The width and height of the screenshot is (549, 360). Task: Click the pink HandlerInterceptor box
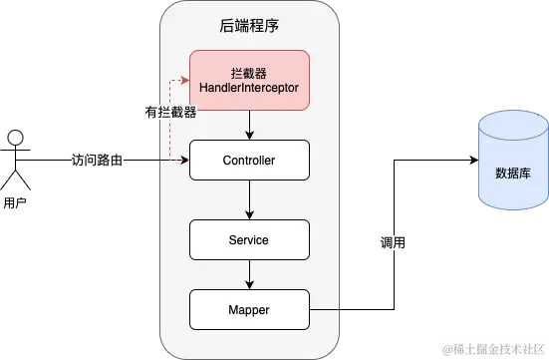pyautogui.click(x=249, y=80)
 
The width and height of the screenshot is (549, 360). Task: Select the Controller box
pyautogui.click(x=249, y=160)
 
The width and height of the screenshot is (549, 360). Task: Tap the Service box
pyautogui.click(x=249, y=240)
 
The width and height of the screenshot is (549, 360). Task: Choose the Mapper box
pyautogui.click(x=249, y=310)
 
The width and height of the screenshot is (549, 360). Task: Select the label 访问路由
pyautogui.click(x=99, y=160)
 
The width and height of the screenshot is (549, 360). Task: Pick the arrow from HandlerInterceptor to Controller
pyautogui.click(x=249, y=124)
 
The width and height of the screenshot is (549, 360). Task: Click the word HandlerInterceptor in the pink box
pyautogui.click(x=249, y=89)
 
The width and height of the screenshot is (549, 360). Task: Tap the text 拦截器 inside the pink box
pyautogui.click(x=249, y=73)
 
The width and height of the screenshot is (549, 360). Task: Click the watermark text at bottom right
pyautogui.click(x=492, y=348)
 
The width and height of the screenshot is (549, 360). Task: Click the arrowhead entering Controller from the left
pyautogui.click(x=185, y=160)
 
